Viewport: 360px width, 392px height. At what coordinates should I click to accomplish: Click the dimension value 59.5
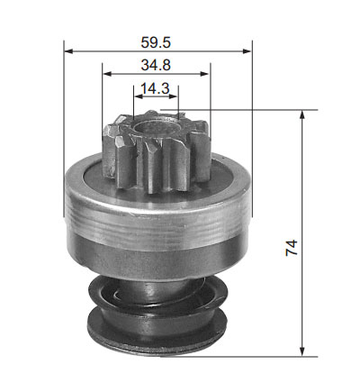156,42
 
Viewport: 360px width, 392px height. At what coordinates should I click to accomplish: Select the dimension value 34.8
156,65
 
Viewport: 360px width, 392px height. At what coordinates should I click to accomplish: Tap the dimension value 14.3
155,88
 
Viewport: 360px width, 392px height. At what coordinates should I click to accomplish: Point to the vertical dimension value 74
292,248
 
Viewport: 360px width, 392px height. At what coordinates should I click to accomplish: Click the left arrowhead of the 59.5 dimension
68,51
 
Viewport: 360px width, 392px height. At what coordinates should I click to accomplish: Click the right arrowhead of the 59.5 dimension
247,51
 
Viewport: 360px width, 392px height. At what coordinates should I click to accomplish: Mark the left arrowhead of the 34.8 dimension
107,74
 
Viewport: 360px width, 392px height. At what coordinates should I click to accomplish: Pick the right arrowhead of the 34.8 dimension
204,74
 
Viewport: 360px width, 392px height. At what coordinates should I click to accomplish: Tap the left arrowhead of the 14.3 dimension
138,96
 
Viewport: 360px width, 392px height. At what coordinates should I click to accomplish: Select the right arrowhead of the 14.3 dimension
174,96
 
